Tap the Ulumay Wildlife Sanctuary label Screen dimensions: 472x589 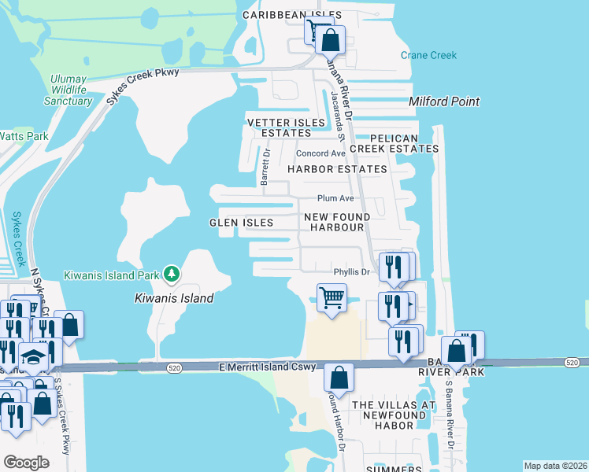pyautogui.click(x=68, y=90)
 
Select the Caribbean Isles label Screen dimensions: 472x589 pyautogui.click(x=291, y=15)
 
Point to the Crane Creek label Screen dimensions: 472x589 pyautogui.click(x=428, y=55)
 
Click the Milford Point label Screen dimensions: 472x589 pyautogui.click(x=444, y=102)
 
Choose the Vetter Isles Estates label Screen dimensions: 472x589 pyautogui.click(x=286, y=128)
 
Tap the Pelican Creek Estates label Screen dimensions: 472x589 pyautogui.click(x=395, y=143)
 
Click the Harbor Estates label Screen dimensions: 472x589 pyautogui.click(x=337, y=169)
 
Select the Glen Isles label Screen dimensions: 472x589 pyautogui.click(x=241, y=223)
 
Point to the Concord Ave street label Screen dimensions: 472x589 pyautogui.click(x=320, y=153)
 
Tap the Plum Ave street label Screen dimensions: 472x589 pyautogui.click(x=335, y=199)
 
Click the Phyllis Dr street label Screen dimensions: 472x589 pyautogui.click(x=351, y=272)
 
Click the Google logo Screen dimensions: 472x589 pyautogui.click(x=26, y=463)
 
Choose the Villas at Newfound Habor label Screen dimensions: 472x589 pyautogui.click(x=394, y=415)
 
